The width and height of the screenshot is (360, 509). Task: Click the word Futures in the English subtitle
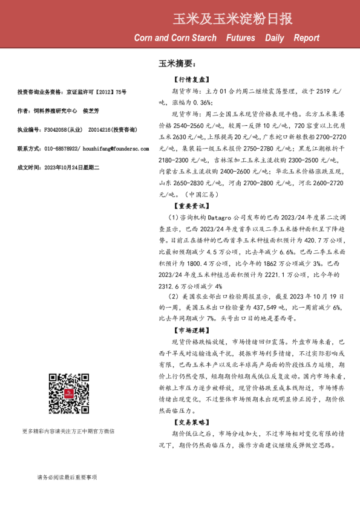tap(240, 38)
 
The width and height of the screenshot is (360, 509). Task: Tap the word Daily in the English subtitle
tap(274, 38)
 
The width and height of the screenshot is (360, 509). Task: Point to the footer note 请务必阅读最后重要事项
tap(67, 478)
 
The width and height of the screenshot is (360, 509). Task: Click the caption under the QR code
tap(68, 449)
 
